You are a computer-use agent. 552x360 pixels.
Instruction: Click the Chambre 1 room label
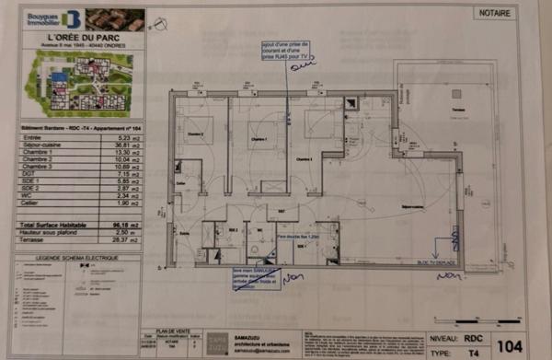pos(257,141)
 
